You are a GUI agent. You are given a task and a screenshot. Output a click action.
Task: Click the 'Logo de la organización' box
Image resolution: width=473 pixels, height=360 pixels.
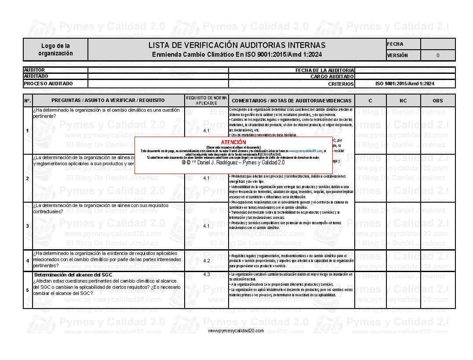[55, 49]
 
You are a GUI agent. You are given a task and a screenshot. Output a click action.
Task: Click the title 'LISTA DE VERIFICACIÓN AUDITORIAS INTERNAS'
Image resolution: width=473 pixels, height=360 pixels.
[236, 45]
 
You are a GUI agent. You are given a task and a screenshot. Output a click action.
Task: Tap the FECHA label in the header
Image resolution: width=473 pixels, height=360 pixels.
[395, 44]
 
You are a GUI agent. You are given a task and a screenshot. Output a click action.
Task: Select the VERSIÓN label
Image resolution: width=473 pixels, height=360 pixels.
[397, 55]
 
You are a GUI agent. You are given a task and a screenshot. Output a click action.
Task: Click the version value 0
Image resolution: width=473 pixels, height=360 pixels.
[438, 55]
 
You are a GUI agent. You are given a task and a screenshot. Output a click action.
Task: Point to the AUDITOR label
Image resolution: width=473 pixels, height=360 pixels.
[34, 70]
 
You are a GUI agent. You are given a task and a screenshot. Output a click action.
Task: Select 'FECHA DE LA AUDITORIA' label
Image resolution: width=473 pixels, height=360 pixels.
[324, 70]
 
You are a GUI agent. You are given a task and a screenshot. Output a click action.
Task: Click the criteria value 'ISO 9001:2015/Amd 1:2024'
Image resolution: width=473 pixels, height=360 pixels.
[404, 84]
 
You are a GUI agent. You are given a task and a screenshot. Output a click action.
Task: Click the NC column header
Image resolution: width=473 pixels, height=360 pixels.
[403, 101]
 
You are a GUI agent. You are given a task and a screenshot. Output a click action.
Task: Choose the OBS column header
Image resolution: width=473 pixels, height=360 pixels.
[438, 101]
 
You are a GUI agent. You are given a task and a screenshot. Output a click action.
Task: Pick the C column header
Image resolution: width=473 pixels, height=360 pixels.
[370, 101]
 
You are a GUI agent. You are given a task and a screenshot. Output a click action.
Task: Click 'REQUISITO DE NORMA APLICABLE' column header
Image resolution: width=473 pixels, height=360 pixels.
[206, 100]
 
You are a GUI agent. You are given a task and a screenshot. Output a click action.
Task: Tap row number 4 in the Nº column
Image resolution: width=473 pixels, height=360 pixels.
[27, 261]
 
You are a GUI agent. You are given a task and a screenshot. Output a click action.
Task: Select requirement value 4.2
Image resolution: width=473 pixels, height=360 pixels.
[207, 261]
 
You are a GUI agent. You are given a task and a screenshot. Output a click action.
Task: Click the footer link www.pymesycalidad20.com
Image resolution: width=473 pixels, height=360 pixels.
[236, 331]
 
